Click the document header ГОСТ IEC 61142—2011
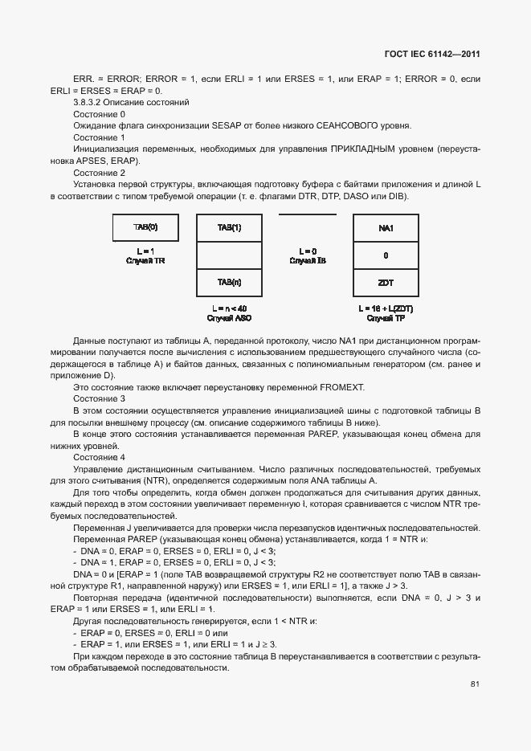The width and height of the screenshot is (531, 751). [x=431, y=55]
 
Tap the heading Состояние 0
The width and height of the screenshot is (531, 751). [x=99, y=114]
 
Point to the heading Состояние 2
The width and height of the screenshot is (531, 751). [x=99, y=173]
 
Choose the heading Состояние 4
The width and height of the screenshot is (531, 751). [x=99, y=457]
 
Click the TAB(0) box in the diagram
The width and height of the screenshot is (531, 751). [x=145, y=227]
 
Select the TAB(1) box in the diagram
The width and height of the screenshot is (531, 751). [x=229, y=227]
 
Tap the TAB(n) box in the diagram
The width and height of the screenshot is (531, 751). [x=229, y=282]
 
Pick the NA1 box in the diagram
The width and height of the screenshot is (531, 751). [x=386, y=228]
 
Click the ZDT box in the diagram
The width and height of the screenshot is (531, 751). [x=386, y=283]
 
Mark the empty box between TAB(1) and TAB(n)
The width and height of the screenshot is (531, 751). [x=229, y=255]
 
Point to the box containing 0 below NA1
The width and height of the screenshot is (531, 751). [x=386, y=255]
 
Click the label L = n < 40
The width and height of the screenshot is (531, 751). [x=229, y=308]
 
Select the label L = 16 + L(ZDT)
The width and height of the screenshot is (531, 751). [x=386, y=308]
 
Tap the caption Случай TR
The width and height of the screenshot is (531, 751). [x=145, y=262]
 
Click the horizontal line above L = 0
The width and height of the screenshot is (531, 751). [x=308, y=214]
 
